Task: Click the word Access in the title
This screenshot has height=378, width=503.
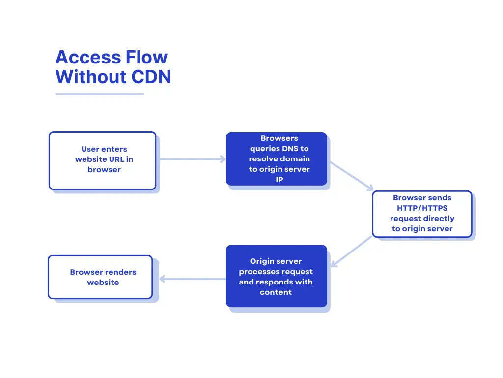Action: coord(86,58)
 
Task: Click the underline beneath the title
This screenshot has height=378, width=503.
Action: coord(99,94)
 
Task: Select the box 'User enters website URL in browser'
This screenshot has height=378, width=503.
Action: coord(102,160)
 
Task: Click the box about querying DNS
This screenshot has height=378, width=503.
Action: coord(277,159)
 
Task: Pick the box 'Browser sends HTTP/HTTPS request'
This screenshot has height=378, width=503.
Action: coord(422,214)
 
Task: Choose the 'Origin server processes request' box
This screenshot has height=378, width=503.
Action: coord(276,276)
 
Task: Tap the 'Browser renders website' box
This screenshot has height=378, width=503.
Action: coord(100,277)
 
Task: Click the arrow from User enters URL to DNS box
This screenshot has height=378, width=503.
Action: coord(192,159)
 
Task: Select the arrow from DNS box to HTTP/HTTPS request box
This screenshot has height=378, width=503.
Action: coord(351,176)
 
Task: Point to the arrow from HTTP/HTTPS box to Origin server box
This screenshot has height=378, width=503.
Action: coord(352,252)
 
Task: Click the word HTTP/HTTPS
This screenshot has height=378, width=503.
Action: coord(422,208)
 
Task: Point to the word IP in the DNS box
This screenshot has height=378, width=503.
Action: coord(279,180)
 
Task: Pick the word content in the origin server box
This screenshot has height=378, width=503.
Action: coord(276,292)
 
